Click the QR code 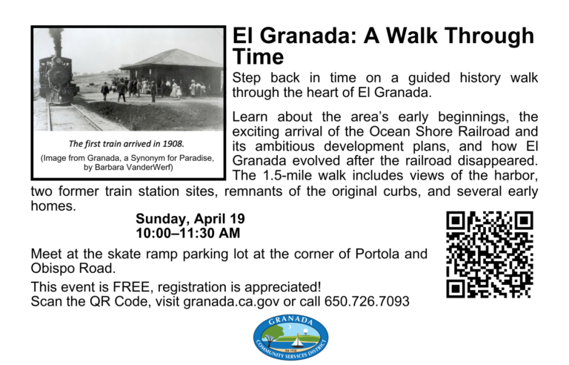(x=489, y=254)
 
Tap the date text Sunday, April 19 (x=190, y=219)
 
